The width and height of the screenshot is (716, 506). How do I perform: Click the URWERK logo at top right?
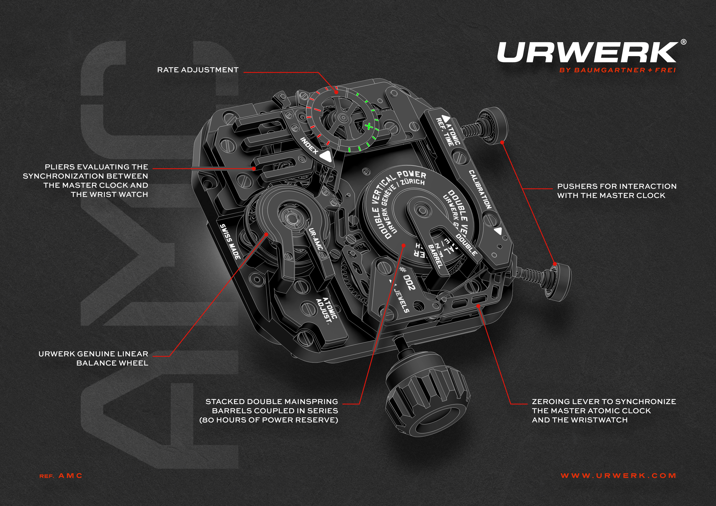click(x=586, y=52)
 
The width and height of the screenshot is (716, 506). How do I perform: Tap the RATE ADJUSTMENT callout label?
click(x=198, y=70)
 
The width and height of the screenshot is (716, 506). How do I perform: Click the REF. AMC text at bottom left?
click(x=61, y=476)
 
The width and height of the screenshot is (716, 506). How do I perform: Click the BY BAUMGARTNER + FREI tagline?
click(x=617, y=70)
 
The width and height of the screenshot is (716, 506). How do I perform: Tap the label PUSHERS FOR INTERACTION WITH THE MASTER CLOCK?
click(x=617, y=191)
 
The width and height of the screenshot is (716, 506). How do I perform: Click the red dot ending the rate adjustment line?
click(x=337, y=92)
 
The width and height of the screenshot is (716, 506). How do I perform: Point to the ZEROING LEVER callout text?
click(x=604, y=411)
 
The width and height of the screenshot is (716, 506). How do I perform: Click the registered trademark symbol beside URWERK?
click(x=683, y=51)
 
